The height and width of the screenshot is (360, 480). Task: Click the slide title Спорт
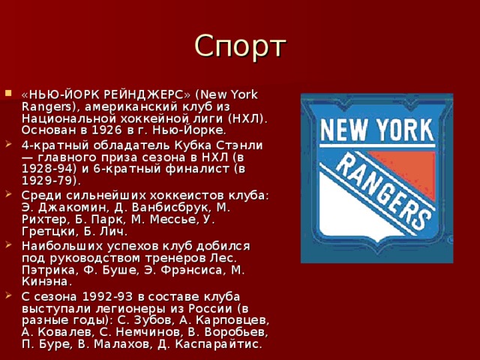(x=240, y=46)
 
